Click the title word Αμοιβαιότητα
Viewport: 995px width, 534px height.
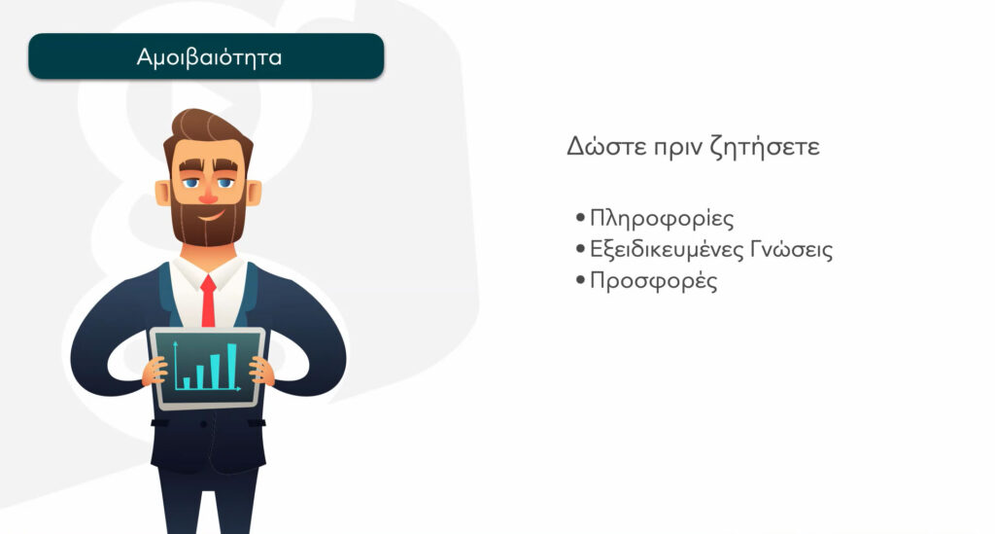209,57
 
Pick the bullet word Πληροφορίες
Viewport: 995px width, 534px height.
662,219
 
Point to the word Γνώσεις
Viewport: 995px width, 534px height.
791,249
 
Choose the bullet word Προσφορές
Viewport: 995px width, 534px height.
654,281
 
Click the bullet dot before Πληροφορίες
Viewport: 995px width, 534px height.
580,219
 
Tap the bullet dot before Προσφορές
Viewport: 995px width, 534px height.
580,280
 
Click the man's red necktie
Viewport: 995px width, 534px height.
208,301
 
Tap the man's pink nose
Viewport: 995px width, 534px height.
208,196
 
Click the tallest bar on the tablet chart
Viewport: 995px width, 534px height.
232,366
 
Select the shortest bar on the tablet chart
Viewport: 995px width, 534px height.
187,383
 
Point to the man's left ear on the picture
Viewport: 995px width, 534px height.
255,193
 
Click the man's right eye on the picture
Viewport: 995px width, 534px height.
191,184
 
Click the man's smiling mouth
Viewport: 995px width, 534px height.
210,216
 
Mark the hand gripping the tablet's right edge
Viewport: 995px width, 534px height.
261,371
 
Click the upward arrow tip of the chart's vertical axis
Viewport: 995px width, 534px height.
175,342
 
